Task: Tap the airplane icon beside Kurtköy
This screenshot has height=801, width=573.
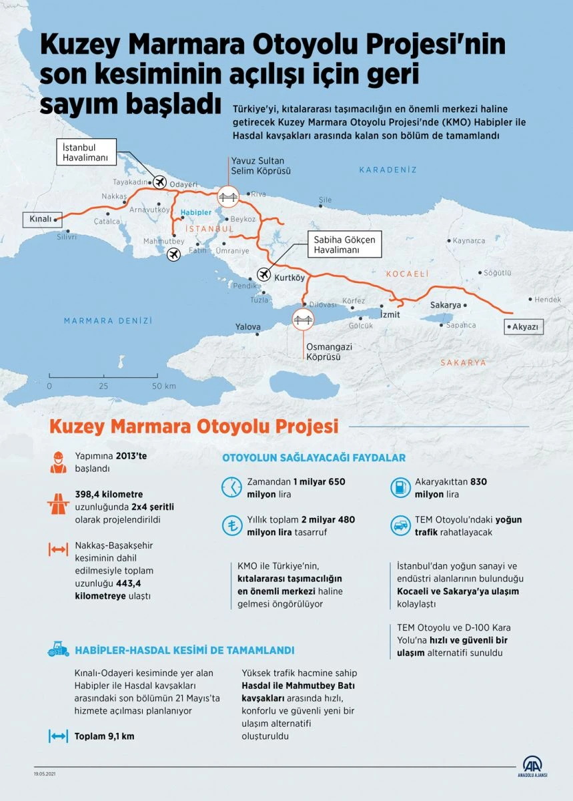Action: (x=264, y=274)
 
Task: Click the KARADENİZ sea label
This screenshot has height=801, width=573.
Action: (x=388, y=170)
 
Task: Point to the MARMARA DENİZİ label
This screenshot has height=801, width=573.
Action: (x=108, y=321)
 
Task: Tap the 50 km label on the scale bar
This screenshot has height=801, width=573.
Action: (x=163, y=386)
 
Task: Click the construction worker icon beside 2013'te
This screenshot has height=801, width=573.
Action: (x=58, y=462)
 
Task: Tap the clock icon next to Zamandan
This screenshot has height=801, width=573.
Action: (x=231, y=487)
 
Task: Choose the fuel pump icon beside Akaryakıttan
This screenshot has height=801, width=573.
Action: (x=399, y=487)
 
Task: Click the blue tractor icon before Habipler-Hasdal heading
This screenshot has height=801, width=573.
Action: (x=59, y=649)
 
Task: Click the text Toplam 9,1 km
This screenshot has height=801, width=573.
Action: (x=104, y=736)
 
